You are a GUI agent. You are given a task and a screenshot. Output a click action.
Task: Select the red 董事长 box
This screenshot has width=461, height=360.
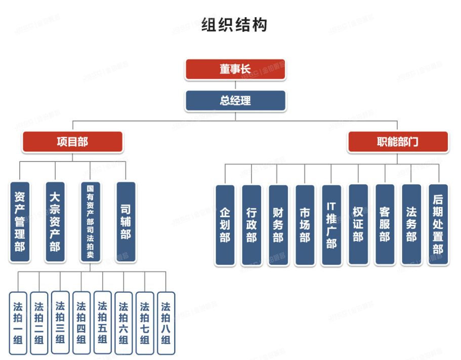235,69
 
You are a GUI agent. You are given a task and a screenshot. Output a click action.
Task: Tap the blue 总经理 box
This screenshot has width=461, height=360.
235,100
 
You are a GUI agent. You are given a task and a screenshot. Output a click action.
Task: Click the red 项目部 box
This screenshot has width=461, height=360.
72,142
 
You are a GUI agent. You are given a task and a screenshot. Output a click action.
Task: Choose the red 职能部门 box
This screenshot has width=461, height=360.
398,142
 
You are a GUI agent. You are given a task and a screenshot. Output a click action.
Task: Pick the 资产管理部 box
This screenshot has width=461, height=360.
20,222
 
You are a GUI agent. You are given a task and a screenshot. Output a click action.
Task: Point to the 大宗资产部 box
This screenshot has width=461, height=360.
55,222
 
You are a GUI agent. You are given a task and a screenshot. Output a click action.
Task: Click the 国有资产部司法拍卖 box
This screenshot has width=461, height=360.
91,222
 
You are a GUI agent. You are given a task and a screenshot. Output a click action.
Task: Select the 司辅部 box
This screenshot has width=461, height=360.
126,222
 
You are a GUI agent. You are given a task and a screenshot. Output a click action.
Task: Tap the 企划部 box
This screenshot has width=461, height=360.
225,225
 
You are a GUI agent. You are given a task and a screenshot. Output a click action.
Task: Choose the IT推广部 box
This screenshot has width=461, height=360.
331,225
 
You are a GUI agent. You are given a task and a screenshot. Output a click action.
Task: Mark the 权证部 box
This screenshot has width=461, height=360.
358,225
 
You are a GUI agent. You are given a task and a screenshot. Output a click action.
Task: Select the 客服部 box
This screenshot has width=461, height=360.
385,225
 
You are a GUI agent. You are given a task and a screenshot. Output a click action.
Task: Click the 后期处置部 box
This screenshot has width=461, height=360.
438,225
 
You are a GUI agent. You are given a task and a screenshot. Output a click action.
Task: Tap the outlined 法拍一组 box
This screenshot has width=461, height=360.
18,323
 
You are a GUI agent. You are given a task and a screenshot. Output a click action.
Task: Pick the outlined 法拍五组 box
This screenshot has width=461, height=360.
103,323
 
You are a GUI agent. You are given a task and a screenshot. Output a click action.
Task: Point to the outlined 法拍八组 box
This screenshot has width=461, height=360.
166,323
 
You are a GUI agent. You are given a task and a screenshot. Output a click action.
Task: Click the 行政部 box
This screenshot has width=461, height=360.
252,225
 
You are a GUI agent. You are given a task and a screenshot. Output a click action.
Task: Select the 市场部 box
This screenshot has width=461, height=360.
305,225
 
